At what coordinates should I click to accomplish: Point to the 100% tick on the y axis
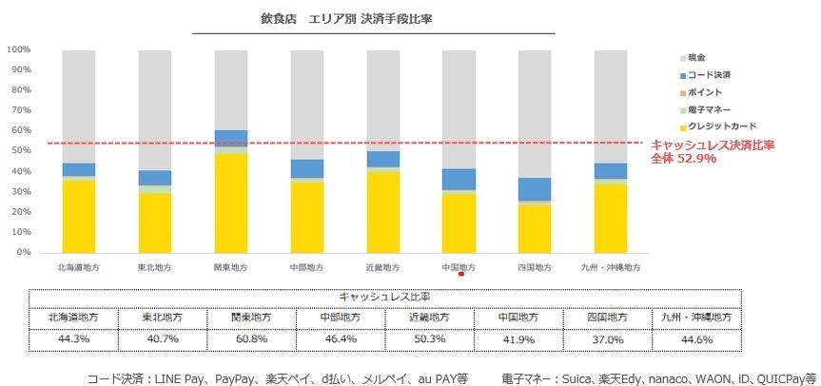(19, 49)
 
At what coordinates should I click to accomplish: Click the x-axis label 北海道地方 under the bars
(78, 268)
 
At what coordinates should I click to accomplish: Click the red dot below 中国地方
(460, 276)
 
